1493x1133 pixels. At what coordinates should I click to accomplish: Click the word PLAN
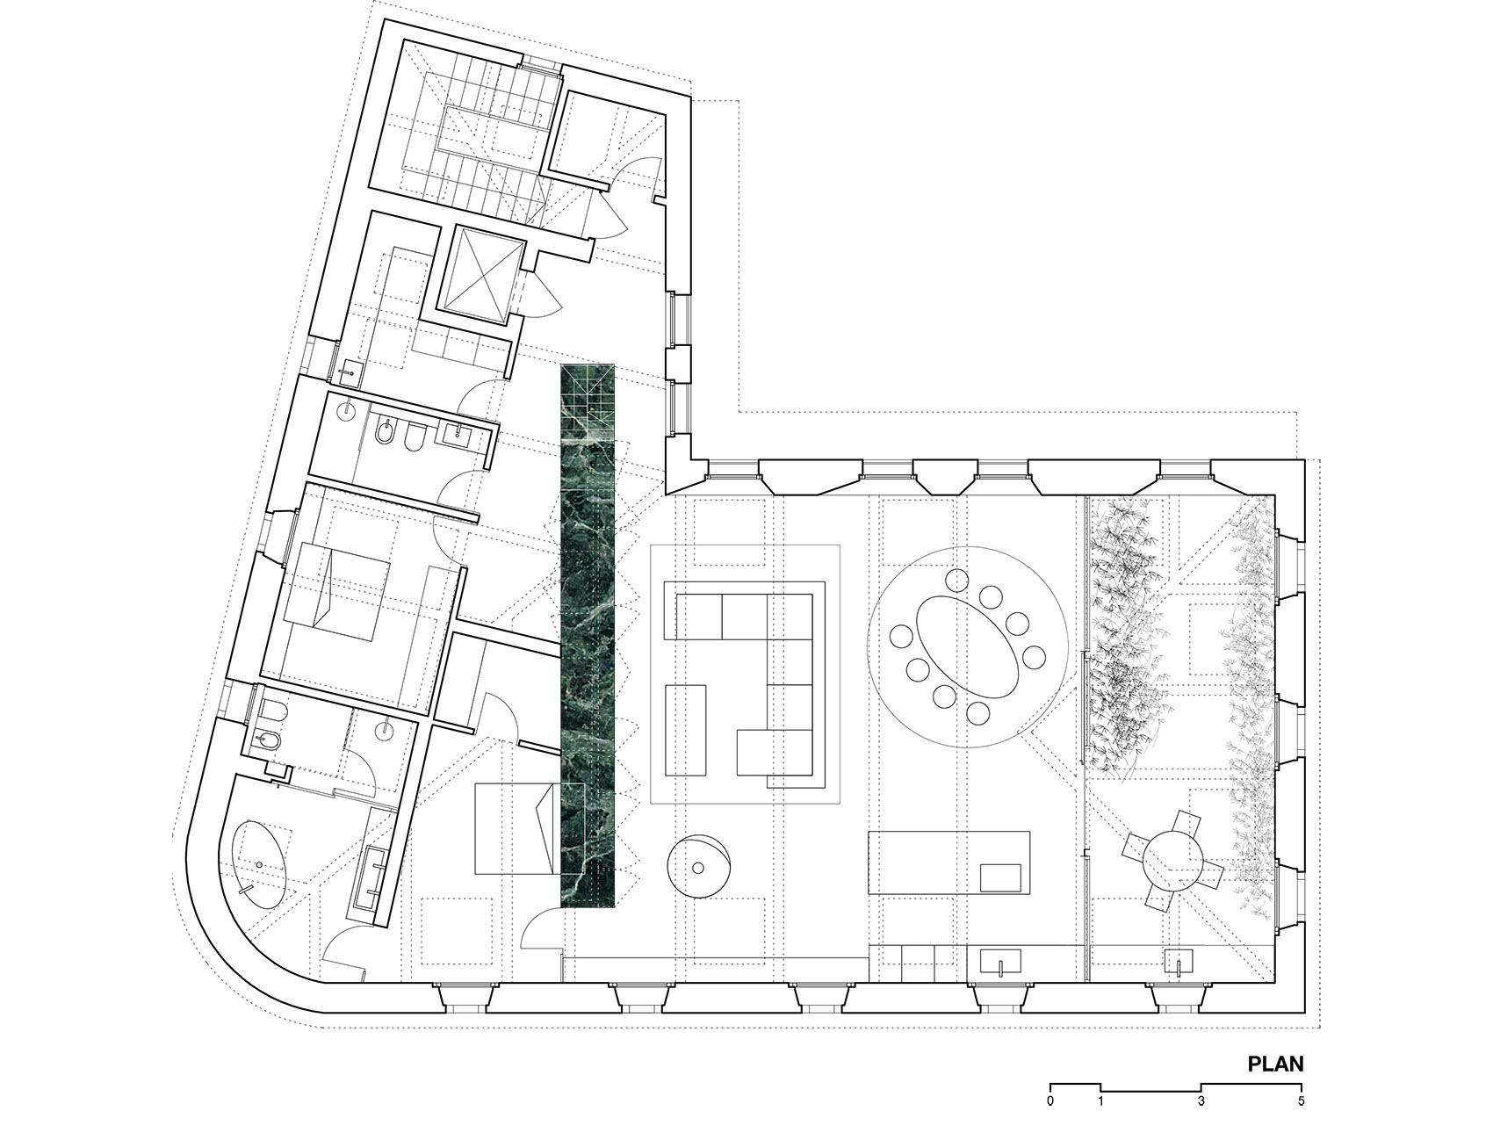coord(1275,1064)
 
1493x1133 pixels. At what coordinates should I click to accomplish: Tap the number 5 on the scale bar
coord(1302,1100)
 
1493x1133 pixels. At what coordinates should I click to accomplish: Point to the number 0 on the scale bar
coord(1050,1100)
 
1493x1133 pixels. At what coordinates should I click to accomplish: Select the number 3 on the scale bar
coord(1201,1100)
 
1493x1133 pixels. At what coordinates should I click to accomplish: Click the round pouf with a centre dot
coord(697,867)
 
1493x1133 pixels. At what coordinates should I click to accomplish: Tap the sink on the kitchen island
coord(1000,877)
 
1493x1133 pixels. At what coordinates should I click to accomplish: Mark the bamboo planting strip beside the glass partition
coord(1127,637)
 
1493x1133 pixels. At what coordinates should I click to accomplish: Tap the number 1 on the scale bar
coord(1100,1100)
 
